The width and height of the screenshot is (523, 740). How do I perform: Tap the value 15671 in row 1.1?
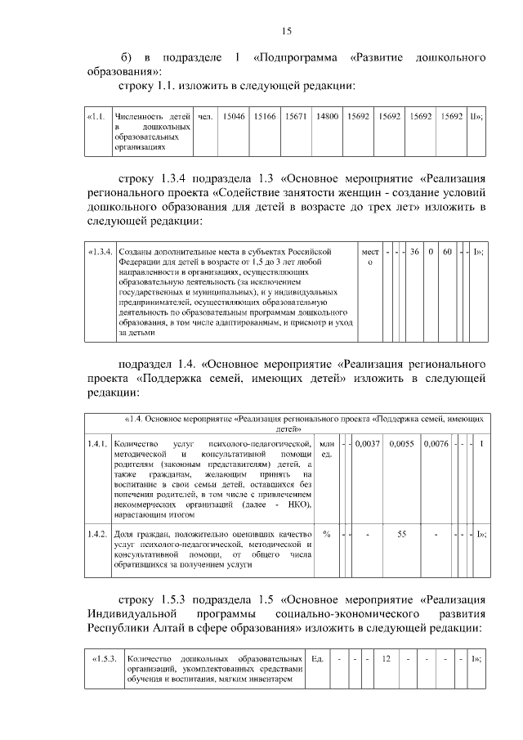[295, 118]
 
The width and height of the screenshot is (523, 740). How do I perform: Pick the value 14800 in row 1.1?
[327, 118]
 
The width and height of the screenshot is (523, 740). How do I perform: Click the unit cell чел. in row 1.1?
[205, 118]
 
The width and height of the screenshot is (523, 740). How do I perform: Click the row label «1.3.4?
[101, 252]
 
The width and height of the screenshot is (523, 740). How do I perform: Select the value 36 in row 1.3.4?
[414, 252]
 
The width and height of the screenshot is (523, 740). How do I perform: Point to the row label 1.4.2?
[98, 534]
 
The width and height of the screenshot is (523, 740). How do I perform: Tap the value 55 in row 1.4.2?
[402, 534]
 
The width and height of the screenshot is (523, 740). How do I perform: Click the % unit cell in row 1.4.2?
[326, 534]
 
